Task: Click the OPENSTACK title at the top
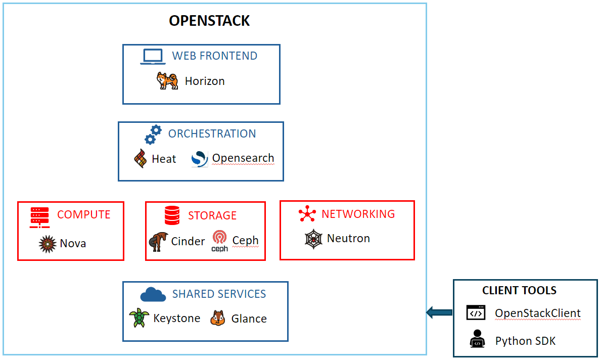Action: pyautogui.click(x=209, y=21)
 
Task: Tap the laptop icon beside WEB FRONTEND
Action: pyautogui.click(x=153, y=57)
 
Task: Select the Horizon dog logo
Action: pyautogui.click(x=167, y=81)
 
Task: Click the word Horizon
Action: pyautogui.click(x=205, y=81)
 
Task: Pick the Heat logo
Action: pyautogui.click(x=140, y=159)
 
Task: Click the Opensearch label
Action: pyautogui.click(x=243, y=158)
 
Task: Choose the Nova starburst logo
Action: pyautogui.click(x=47, y=244)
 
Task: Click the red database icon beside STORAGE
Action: pyautogui.click(x=172, y=216)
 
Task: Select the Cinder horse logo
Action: pyautogui.click(x=158, y=242)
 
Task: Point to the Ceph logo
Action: pyautogui.click(x=220, y=241)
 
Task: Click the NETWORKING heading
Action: pyautogui.click(x=358, y=214)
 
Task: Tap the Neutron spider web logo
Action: pyautogui.click(x=313, y=239)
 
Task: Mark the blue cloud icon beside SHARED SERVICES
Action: pyautogui.click(x=153, y=294)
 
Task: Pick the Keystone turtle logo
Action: pyautogui.click(x=138, y=319)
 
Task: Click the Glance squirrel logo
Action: pyautogui.click(x=217, y=319)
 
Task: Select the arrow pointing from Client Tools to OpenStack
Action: pyautogui.click(x=439, y=312)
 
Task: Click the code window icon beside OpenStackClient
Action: pyautogui.click(x=476, y=313)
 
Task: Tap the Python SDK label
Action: pyautogui.click(x=525, y=341)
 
